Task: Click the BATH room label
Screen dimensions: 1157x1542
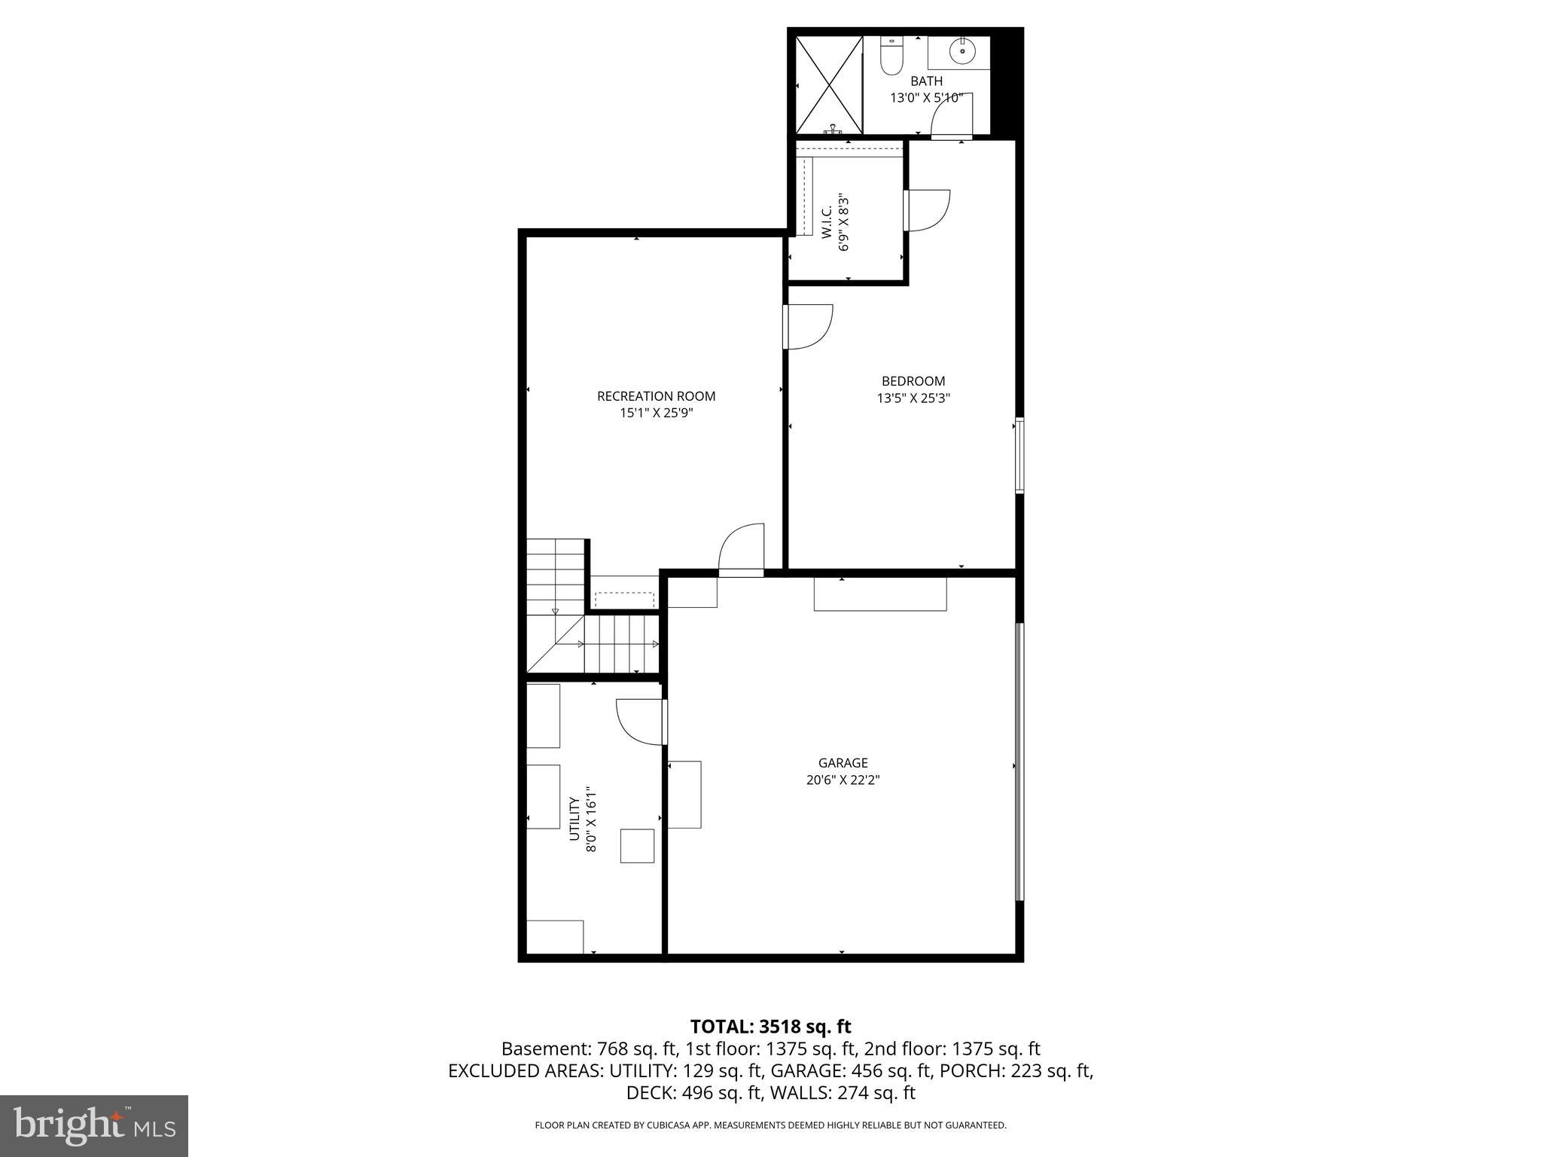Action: click(x=926, y=81)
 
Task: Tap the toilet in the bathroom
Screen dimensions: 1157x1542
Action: click(x=891, y=56)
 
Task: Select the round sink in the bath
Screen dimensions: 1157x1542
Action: click(x=961, y=52)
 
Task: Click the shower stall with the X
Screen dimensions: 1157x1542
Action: click(x=829, y=85)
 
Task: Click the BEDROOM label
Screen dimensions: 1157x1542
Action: click(x=913, y=381)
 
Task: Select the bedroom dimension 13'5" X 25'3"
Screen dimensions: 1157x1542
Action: click(x=913, y=398)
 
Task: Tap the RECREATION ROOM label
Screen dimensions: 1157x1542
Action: click(x=656, y=396)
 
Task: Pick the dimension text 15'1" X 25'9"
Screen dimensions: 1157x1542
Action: click(x=656, y=413)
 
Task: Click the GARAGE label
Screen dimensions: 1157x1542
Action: click(x=843, y=763)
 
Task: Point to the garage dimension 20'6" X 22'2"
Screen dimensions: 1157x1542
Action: click(x=843, y=780)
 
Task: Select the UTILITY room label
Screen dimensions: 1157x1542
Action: click(x=574, y=819)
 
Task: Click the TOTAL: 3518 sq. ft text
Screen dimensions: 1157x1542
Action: click(x=770, y=1027)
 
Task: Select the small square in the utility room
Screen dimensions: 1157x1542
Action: click(x=637, y=845)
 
